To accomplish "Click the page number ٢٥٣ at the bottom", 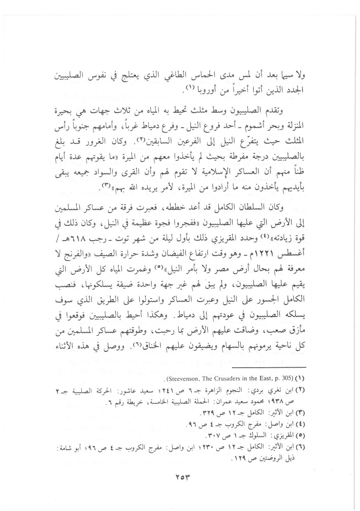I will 180,476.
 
